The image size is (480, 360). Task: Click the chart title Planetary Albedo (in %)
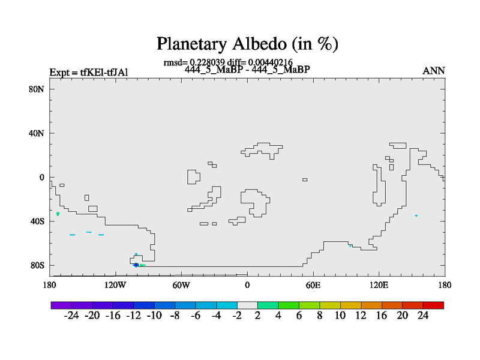tap(247, 44)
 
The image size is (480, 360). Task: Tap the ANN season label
tap(433, 71)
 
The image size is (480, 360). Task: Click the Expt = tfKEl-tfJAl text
tap(89, 73)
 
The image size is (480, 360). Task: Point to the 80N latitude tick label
tap(37, 89)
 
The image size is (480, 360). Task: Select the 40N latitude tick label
tap(37, 133)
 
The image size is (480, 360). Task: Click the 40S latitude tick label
tap(37, 221)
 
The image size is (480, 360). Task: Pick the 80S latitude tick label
tap(37, 265)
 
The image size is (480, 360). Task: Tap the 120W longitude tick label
tap(115, 285)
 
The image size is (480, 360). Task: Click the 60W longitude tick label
tap(181, 285)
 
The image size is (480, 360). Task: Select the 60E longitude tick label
tap(313, 285)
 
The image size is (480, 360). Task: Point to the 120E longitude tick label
tap(379, 285)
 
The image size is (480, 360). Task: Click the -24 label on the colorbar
tap(71, 316)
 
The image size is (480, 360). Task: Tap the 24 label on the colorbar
tap(423, 316)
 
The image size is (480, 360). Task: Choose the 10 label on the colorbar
tap(340, 316)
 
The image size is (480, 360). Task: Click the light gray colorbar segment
tap(247, 305)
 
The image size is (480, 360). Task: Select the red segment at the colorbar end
tap(433, 305)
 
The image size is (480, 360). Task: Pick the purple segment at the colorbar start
tap(61, 305)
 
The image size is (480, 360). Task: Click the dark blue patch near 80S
tap(136, 265)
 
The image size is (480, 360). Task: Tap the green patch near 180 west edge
tap(58, 214)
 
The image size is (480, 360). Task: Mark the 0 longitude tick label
tap(247, 285)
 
